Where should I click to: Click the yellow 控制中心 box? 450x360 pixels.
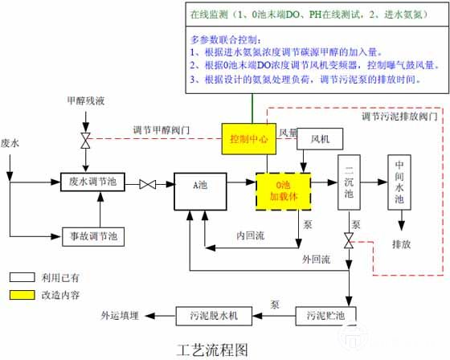[249, 139]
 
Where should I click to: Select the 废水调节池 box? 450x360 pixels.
[92, 182]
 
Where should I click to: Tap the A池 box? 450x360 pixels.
[200, 191]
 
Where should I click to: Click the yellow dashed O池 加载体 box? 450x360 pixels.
[283, 191]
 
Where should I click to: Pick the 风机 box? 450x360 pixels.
[320, 139]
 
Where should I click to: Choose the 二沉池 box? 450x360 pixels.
[349, 182]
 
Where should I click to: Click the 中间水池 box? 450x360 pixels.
[399, 182]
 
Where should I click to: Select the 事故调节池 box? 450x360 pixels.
[93, 237]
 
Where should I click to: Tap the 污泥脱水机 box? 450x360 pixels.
[214, 316]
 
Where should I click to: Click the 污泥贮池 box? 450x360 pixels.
[325, 316]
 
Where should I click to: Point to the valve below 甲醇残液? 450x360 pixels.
[85, 141]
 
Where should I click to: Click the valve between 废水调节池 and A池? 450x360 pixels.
[148, 184]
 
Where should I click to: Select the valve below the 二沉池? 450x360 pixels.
[349, 240]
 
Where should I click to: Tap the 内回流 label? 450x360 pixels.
[251, 235]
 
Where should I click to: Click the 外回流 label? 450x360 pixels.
[317, 260]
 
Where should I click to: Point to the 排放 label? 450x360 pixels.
[402, 244]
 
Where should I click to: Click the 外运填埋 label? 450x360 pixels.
[120, 316]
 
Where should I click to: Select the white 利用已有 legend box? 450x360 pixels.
[22, 277]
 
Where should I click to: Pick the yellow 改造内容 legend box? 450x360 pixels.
[22, 295]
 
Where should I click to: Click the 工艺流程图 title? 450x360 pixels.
[212, 350]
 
